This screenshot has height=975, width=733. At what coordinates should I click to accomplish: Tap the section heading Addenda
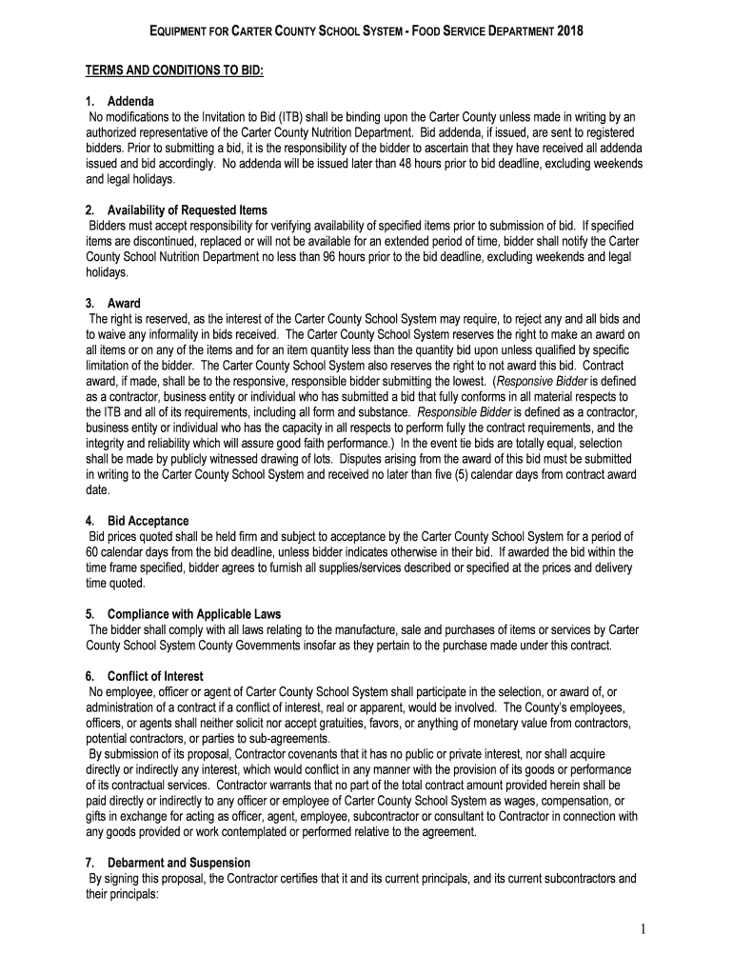coord(130,102)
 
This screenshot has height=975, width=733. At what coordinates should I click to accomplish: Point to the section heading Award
coord(124,303)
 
